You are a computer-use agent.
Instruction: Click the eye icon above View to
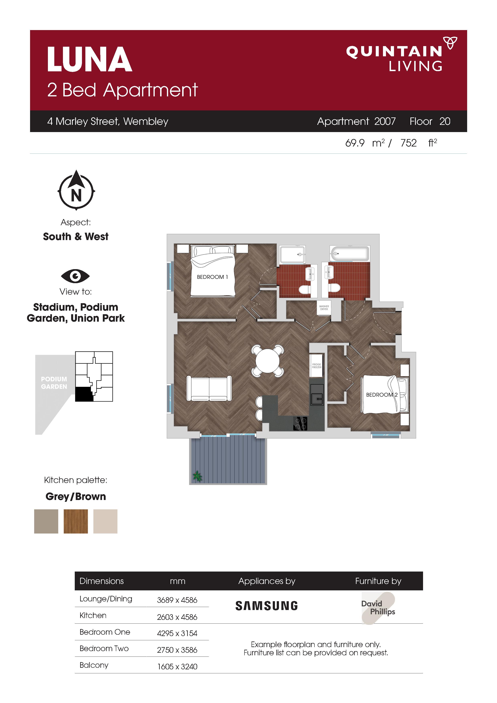coord(75,276)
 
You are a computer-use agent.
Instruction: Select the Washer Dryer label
coord(324,308)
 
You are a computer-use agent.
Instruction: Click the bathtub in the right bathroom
coord(349,254)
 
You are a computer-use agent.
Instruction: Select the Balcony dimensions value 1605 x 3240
coord(177,667)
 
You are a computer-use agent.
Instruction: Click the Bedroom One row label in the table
coord(105,632)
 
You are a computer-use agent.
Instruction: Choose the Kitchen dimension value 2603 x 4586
coord(177,617)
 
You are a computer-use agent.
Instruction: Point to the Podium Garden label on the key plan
coord(54,383)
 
